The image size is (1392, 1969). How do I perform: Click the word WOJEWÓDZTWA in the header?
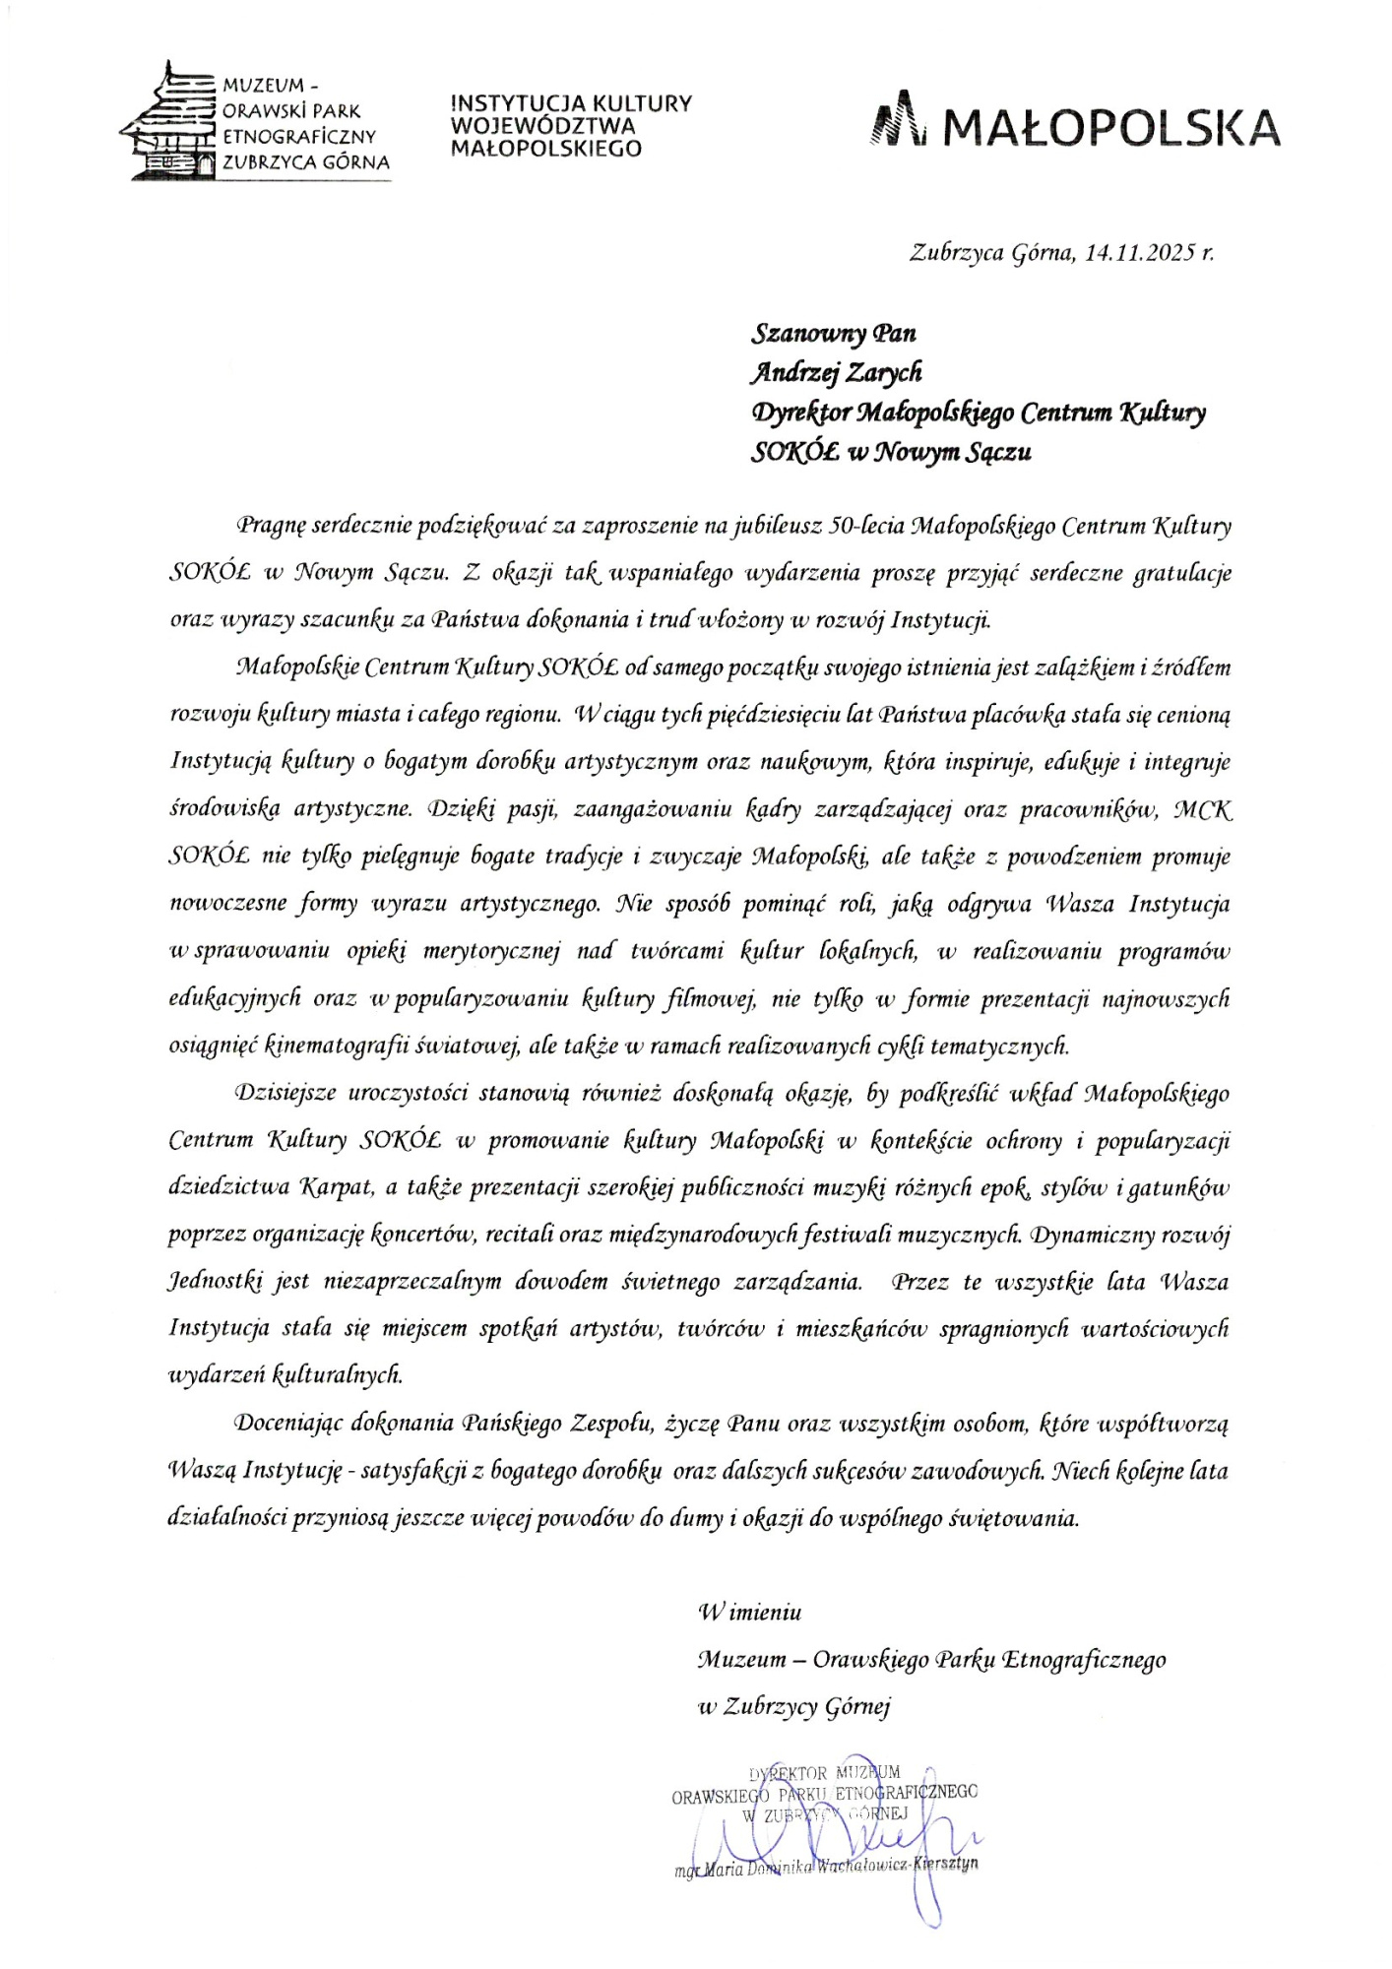click(542, 126)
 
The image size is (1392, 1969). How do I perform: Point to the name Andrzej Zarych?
click(837, 373)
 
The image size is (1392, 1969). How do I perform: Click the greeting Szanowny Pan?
click(834, 334)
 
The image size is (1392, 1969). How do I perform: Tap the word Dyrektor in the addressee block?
click(799, 413)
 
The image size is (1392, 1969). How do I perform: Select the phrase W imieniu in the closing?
click(750, 1613)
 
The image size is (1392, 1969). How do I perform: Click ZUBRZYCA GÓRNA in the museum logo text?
click(306, 162)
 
